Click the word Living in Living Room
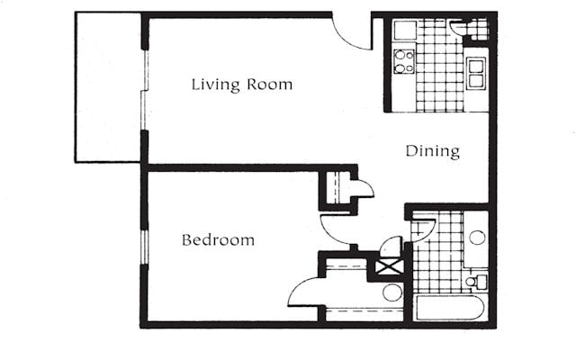pos(215,85)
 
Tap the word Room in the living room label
pos(270,84)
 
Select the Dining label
pos(433,151)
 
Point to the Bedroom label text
pos(218,240)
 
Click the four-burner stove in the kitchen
pos(404,61)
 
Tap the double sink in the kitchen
pos(476,74)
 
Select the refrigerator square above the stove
pos(405,30)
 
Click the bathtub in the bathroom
pos(450,308)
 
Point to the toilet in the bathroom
pos(476,282)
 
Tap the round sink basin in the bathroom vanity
pos(477,238)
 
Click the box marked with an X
pos(389,266)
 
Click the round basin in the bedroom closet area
pos(392,292)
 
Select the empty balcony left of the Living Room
pos(108,87)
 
